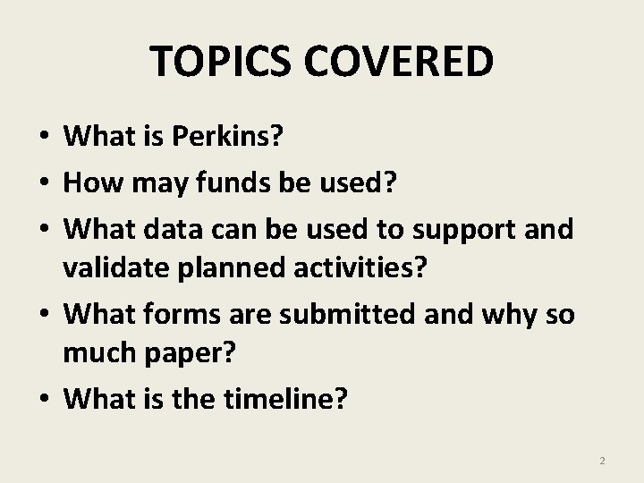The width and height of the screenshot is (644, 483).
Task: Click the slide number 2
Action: pyautogui.click(x=602, y=461)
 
